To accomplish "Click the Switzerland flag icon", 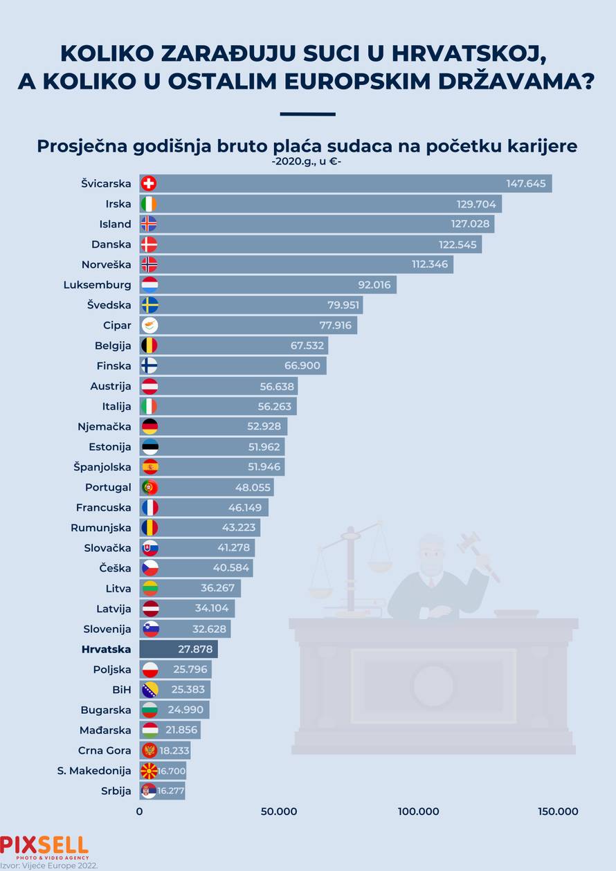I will point(148,183).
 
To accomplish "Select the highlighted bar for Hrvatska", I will point(178,649).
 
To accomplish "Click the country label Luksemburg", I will point(97,285).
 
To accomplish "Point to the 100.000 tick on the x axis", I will point(419,812).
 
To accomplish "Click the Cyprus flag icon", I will point(150,325).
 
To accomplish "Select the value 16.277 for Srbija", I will point(170,791).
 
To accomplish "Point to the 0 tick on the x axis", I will point(140,812).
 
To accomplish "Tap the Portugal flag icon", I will point(150,487).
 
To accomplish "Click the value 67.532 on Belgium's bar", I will point(306,345).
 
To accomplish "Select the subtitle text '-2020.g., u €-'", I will point(307,163).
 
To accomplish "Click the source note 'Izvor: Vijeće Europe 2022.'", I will point(48,865).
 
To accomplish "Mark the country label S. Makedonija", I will point(94,771).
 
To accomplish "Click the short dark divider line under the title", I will point(307,114).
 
